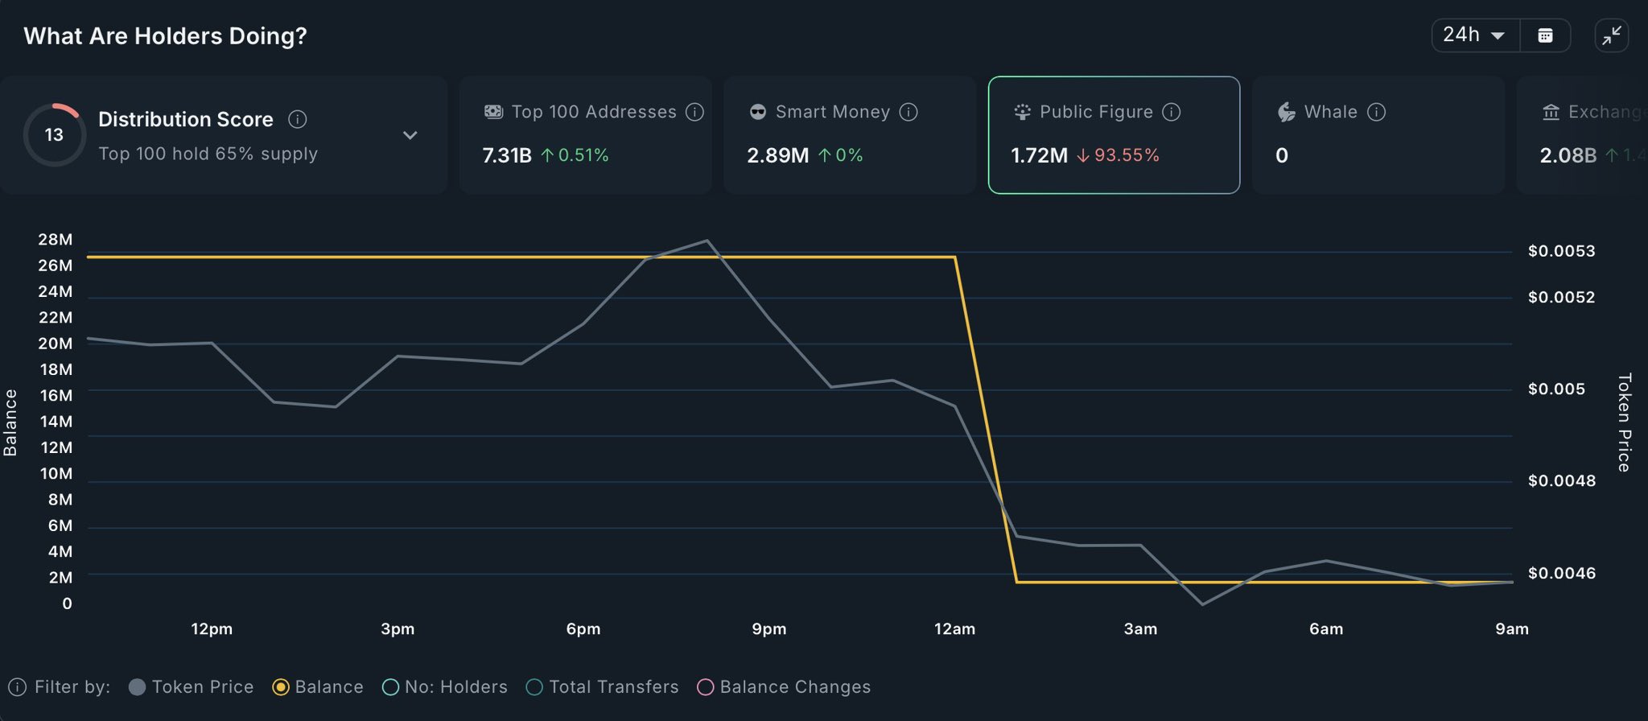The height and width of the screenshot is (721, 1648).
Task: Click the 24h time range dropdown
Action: (x=1474, y=35)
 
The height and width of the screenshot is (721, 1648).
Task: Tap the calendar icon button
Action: (x=1545, y=35)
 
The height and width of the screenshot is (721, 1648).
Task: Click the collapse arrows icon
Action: (x=1612, y=35)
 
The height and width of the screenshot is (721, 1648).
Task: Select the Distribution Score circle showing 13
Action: (x=54, y=135)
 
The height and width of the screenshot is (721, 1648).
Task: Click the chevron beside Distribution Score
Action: (x=410, y=135)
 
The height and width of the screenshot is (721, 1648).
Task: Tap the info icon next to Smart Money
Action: (x=908, y=112)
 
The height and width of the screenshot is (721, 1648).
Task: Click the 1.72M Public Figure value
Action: (x=1039, y=155)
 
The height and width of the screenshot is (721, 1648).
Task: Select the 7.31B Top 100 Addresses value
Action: (x=507, y=155)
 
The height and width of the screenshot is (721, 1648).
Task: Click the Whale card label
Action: (x=1330, y=112)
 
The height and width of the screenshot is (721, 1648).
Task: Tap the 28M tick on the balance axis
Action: (x=56, y=240)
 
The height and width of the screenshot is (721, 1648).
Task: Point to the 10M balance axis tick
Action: (x=56, y=473)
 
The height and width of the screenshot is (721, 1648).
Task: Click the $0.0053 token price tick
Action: (x=1561, y=251)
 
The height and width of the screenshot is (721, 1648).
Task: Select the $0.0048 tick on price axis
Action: (x=1561, y=481)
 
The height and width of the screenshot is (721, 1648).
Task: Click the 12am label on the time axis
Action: (x=954, y=629)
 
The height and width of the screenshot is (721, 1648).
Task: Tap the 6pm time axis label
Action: (x=583, y=629)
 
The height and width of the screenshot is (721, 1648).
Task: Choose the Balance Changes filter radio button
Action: (x=706, y=687)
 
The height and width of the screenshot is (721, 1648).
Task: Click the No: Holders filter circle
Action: (x=391, y=687)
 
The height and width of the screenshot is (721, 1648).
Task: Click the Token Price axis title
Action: (x=1624, y=422)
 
